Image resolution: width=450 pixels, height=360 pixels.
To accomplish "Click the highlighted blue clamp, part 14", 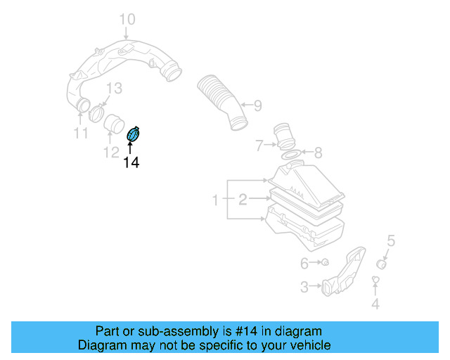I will click(x=133, y=134).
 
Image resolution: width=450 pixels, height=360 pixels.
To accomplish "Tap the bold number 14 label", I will click(x=131, y=163).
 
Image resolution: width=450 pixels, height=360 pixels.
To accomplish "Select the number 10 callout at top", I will click(x=126, y=18).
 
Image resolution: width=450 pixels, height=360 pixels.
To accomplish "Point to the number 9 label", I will click(x=257, y=106).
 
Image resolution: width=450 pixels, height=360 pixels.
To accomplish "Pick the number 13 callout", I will click(x=114, y=88).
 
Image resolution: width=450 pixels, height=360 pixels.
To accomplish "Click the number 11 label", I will click(x=81, y=133).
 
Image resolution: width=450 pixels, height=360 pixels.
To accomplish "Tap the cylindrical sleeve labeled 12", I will click(x=112, y=124).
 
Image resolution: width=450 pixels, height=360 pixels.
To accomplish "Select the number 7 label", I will click(x=259, y=146).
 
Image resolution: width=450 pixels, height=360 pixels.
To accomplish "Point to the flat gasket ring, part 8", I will click(x=289, y=153).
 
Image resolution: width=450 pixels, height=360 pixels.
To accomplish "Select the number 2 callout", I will click(x=243, y=200).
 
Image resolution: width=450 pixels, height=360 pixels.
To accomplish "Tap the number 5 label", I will click(x=392, y=241).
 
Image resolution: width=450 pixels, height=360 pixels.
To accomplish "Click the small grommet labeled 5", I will click(x=382, y=264).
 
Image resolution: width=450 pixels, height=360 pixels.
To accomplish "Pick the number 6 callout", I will click(x=304, y=264).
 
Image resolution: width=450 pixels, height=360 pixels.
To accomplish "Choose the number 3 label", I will click(x=304, y=287).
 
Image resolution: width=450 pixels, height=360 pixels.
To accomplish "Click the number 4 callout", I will click(x=375, y=304).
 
